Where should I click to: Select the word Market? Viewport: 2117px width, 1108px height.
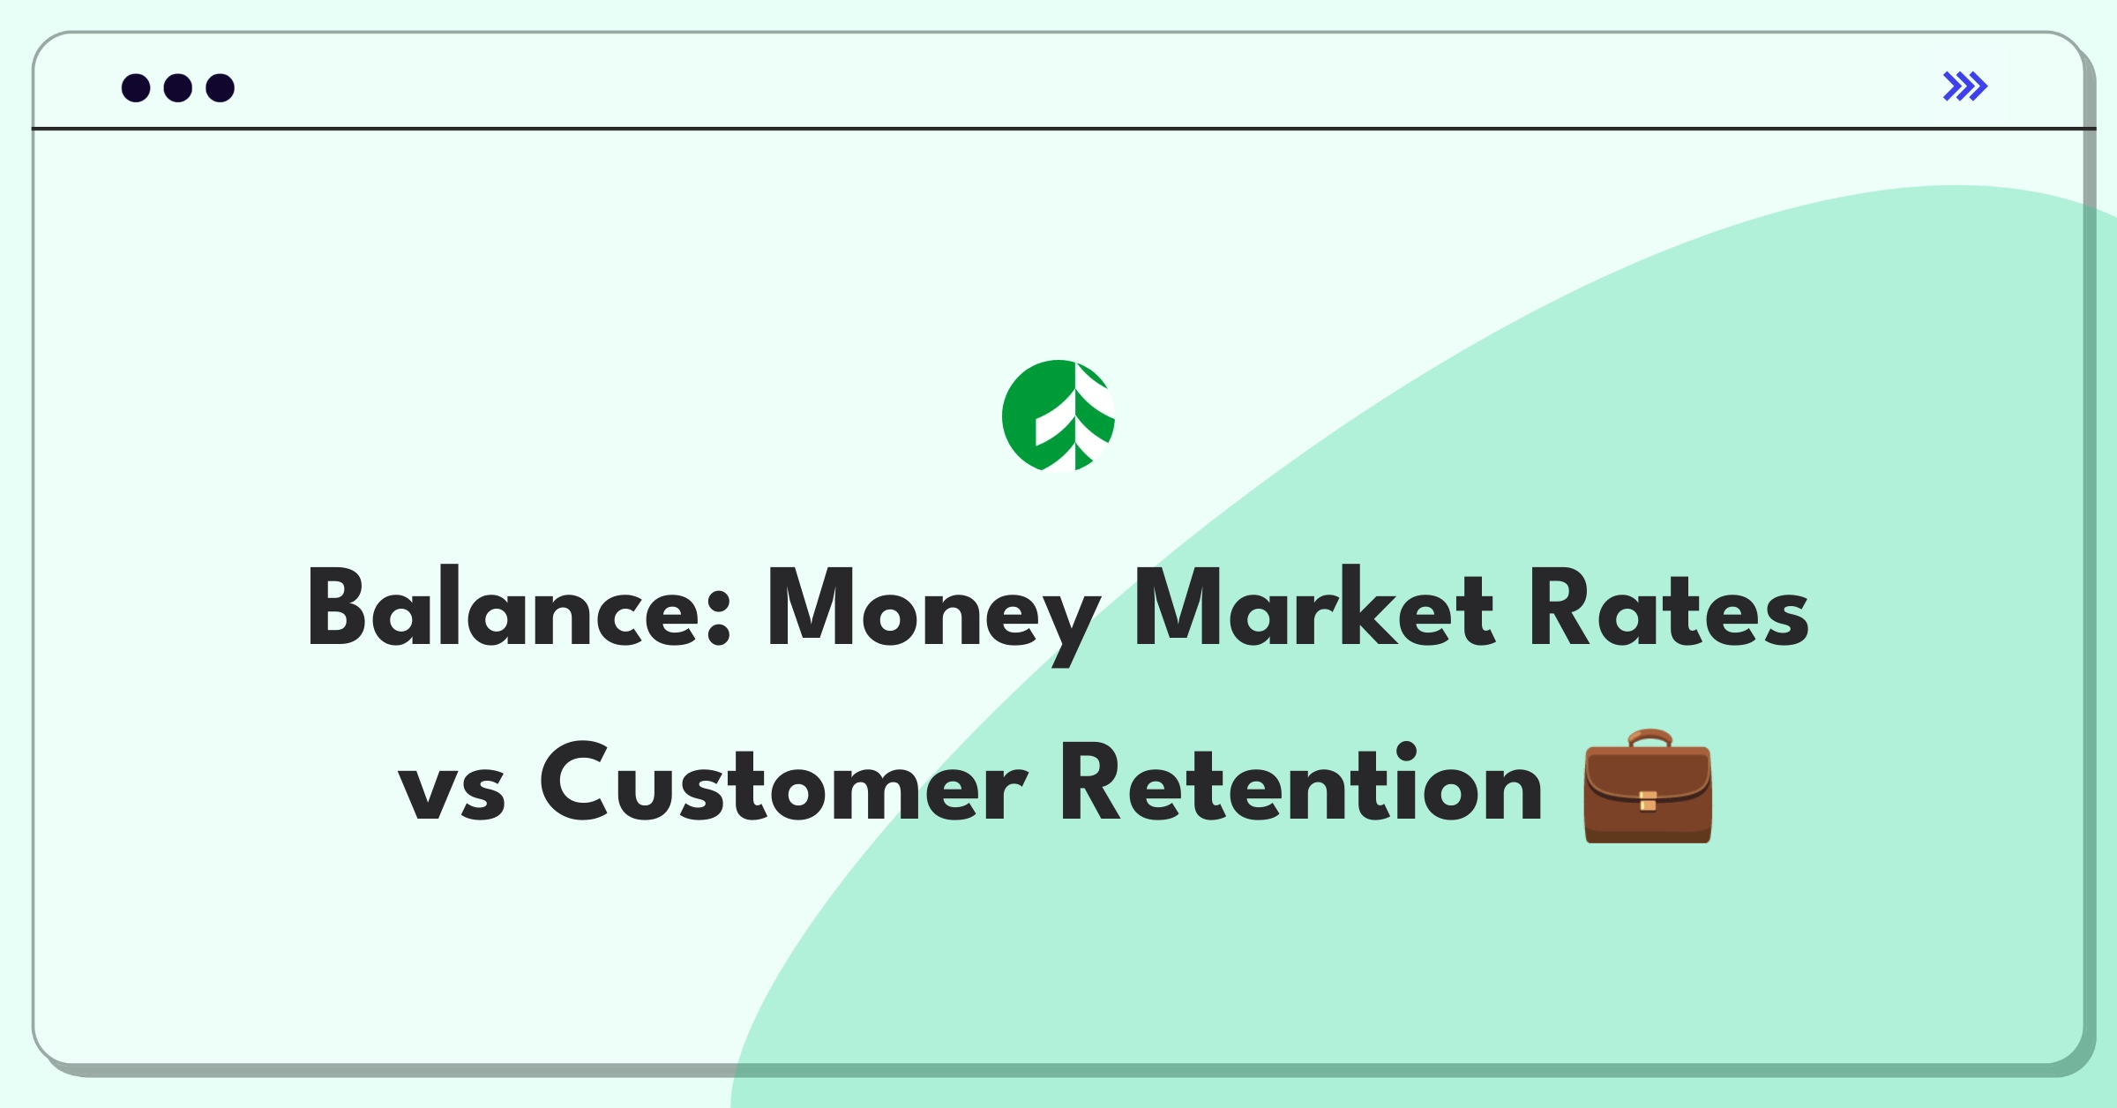tap(1313, 607)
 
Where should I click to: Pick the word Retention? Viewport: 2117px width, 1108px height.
tap(1300, 782)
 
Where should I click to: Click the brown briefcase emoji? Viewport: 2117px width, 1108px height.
tap(1648, 786)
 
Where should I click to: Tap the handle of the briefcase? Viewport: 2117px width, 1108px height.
tap(1649, 738)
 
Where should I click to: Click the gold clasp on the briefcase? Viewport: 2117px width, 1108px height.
tap(1648, 801)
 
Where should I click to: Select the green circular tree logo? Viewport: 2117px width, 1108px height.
tap(1058, 415)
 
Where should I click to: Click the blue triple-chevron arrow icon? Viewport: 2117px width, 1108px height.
tap(1965, 86)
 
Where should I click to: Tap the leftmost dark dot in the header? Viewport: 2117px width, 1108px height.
tap(136, 88)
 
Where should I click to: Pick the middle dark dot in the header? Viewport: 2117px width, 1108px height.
tap(178, 88)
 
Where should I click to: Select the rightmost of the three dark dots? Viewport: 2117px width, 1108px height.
tap(221, 88)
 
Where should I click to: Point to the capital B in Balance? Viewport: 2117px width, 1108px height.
tap(336, 607)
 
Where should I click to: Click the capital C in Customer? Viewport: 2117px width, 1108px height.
tap(574, 782)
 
